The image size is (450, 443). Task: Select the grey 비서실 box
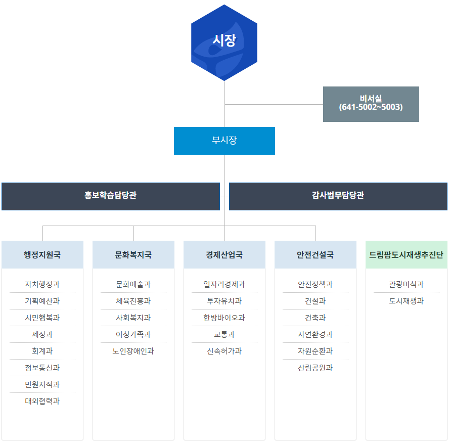tap(371, 104)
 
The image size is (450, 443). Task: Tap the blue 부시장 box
tap(224, 141)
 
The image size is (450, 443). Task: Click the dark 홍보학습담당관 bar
tap(110, 196)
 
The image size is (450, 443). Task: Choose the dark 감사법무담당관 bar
tap(338, 196)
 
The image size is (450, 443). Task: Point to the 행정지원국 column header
tap(42, 255)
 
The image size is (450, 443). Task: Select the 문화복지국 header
tap(133, 255)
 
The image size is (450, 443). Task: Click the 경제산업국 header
tap(224, 255)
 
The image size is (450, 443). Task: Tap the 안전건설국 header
tap(315, 255)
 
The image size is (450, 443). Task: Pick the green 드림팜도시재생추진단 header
tap(406, 255)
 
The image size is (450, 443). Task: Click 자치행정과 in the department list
tap(42, 284)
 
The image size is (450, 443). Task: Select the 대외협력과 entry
tap(42, 401)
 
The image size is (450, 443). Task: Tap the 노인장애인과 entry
tap(133, 351)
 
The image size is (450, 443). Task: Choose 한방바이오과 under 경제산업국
tap(224, 318)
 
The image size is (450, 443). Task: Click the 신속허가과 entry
tap(224, 351)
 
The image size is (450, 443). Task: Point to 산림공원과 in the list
tap(315, 368)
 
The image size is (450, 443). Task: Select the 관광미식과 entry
tap(406, 284)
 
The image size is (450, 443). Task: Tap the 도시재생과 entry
tap(406, 301)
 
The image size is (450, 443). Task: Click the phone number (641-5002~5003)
tap(371, 107)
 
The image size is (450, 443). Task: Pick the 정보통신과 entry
tap(42, 368)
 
